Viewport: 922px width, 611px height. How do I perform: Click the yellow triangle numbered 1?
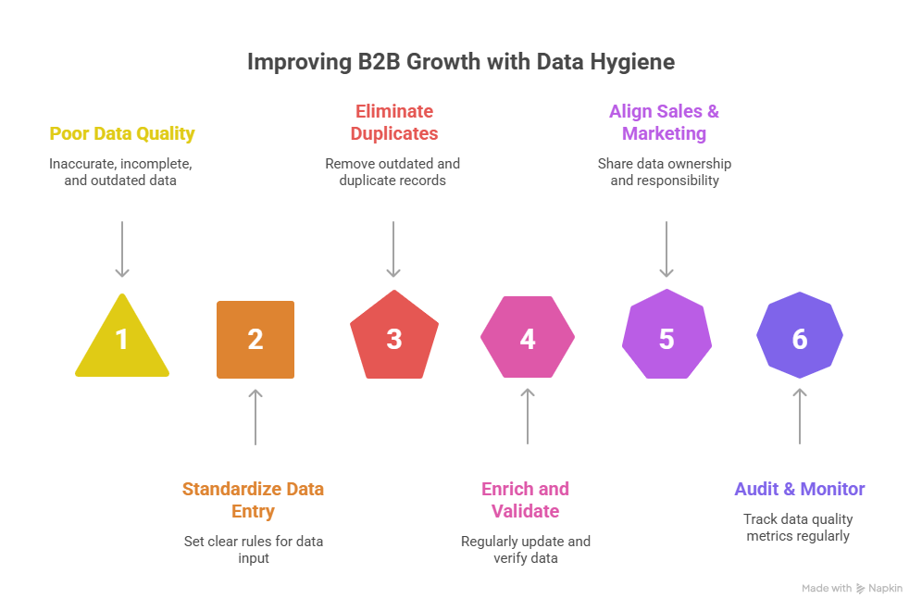click(x=122, y=341)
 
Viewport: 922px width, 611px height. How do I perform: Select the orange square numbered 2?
click(x=255, y=339)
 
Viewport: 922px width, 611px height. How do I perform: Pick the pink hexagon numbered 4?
click(x=528, y=338)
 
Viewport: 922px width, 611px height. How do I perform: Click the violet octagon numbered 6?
click(x=800, y=338)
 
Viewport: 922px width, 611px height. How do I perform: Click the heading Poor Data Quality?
click(x=122, y=133)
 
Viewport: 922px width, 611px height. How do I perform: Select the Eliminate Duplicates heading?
click(x=393, y=122)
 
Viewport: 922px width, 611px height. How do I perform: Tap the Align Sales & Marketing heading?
click(x=664, y=122)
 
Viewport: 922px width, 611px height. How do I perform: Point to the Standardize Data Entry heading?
click(x=253, y=500)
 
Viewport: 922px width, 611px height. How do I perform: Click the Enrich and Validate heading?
click(x=526, y=500)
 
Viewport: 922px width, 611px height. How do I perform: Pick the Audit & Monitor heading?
click(x=800, y=489)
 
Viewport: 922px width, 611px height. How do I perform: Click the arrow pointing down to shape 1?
click(x=122, y=249)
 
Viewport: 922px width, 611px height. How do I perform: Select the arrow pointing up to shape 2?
click(x=256, y=418)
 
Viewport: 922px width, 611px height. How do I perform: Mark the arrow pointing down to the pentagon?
click(x=393, y=249)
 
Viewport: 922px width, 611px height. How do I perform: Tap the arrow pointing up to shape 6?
click(x=800, y=418)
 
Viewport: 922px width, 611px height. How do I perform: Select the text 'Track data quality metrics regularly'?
click(x=798, y=528)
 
